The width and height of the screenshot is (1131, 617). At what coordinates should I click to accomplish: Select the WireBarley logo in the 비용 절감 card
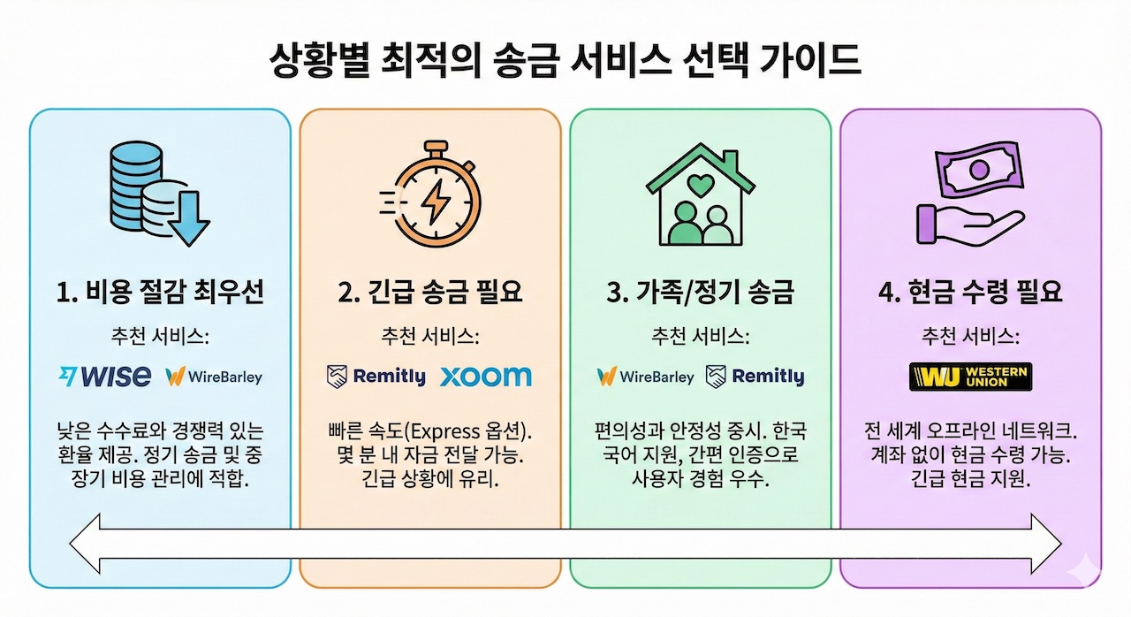tap(214, 377)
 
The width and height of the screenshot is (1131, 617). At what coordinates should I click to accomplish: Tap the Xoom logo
tap(485, 377)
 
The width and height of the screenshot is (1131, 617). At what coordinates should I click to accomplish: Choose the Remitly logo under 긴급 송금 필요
tap(376, 377)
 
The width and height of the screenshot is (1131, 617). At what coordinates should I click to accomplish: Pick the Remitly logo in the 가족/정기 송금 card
tap(755, 377)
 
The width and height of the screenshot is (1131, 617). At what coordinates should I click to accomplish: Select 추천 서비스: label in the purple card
tap(970, 337)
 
